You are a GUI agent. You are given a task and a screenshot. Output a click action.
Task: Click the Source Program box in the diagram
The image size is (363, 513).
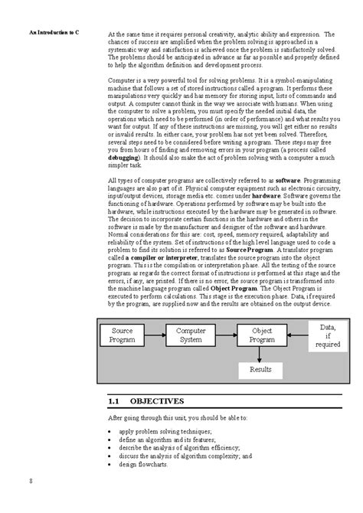[x=123, y=335]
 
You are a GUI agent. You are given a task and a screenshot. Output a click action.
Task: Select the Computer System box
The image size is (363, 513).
[x=191, y=335]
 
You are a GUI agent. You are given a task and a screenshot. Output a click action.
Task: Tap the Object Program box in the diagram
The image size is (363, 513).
[x=262, y=335]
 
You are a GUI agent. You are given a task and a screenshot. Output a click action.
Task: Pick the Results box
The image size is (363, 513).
[x=261, y=370]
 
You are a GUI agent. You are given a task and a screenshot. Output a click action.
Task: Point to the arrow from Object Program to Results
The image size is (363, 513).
[x=261, y=354]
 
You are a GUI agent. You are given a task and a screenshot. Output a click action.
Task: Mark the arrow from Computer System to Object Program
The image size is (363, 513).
[x=227, y=335]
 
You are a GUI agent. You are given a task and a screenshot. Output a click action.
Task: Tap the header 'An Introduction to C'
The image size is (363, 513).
[x=54, y=34]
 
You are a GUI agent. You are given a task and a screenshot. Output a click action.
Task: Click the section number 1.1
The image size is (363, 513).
[x=115, y=400]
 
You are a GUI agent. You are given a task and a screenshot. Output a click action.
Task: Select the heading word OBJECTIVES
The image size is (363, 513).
[x=157, y=400]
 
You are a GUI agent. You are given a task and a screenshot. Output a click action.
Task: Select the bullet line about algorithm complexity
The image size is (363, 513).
[x=185, y=456]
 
